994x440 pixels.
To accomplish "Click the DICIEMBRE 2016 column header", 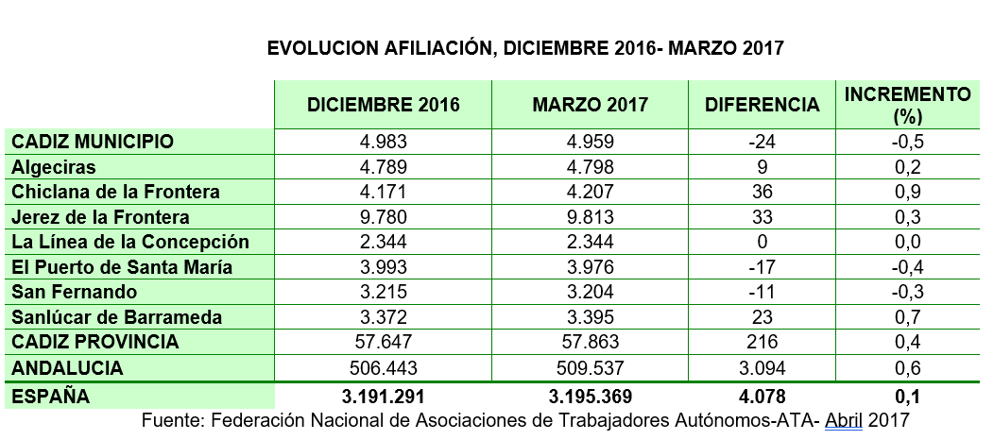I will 384,104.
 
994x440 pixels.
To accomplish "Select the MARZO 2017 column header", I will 591,104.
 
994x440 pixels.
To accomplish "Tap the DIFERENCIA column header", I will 763,104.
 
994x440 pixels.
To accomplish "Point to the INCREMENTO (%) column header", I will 908,104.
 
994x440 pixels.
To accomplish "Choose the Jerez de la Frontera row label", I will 100,216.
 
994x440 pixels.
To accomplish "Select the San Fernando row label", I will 75,291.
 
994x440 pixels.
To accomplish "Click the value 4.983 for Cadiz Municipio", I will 384,142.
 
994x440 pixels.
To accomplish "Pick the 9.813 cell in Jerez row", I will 591,216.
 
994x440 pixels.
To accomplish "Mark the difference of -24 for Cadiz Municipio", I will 763,142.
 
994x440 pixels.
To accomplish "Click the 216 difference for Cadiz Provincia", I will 763,341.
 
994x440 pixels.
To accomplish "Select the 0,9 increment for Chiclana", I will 908,192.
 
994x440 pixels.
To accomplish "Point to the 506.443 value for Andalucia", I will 384,366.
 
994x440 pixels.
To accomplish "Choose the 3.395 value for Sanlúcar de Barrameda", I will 591,316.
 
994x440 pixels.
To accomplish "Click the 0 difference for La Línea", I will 763,242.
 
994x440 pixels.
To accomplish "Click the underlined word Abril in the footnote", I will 844,418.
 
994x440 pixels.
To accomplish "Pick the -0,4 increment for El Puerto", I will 908,266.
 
